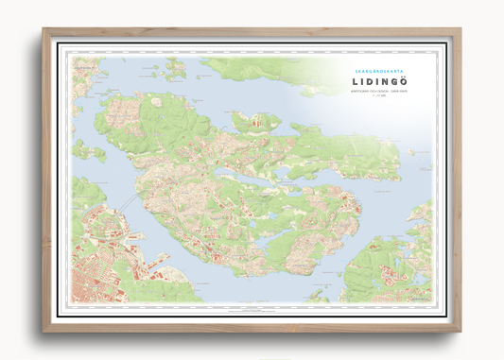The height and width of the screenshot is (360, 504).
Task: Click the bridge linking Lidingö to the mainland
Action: point(131,205)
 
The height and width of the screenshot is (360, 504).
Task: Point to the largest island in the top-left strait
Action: point(174,68)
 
